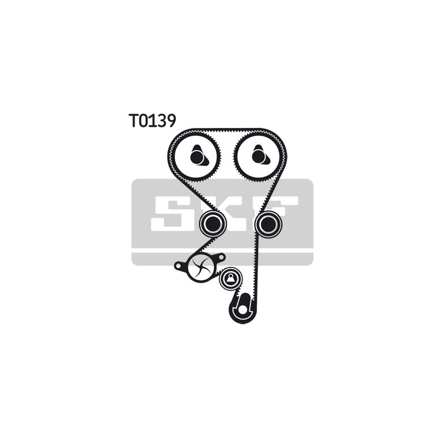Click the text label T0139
[x=152, y=120]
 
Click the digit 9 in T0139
[x=171, y=120]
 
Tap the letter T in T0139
[x=133, y=120]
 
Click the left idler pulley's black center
[x=213, y=224]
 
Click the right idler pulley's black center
[x=268, y=224]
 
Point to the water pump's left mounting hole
[x=178, y=266]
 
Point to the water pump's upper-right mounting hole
[x=221, y=258]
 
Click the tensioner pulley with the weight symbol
[x=231, y=279]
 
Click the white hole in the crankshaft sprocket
[x=242, y=310]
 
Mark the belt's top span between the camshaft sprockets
[x=228, y=131]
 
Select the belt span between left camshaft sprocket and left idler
[x=198, y=196]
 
